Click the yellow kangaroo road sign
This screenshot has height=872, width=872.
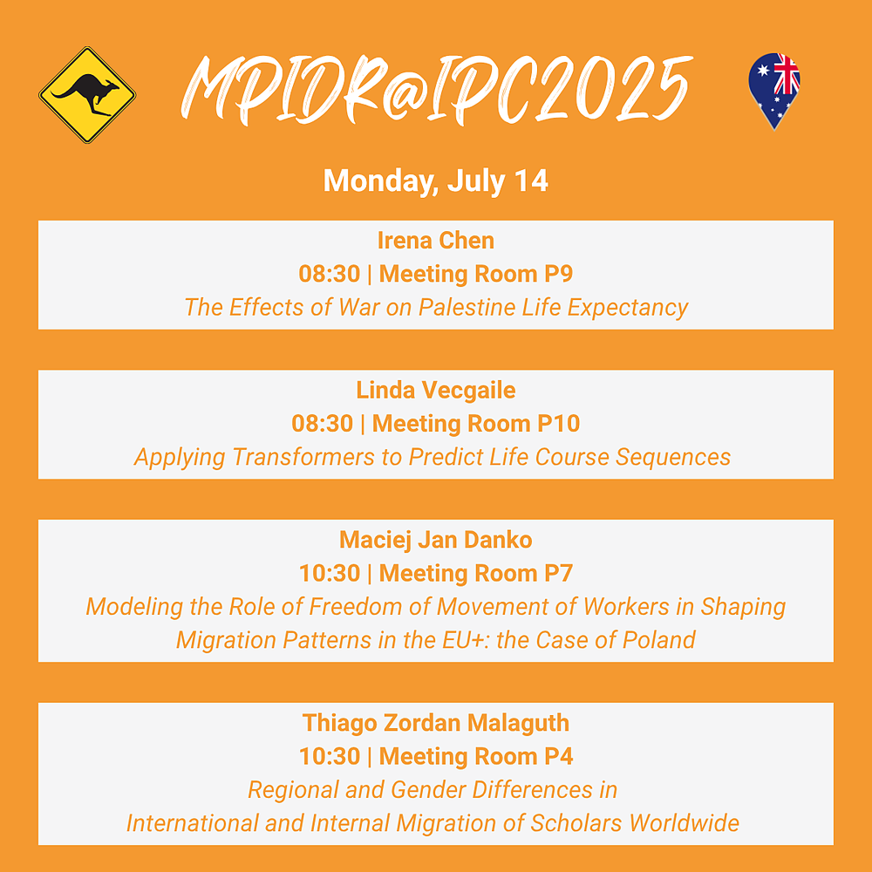[x=87, y=94]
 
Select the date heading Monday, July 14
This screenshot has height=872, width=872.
[x=436, y=181]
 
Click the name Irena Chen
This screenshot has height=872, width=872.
[x=436, y=241]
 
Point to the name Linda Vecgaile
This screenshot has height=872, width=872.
[x=436, y=391]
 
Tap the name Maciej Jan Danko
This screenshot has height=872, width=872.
[x=436, y=540]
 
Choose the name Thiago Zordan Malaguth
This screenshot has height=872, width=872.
[x=436, y=723]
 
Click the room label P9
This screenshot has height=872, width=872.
[x=558, y=274]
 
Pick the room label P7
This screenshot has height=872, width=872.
[x=558, y=574]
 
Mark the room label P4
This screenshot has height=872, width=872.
[x=558, y=756]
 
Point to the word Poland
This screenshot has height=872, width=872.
[x=659, y=640]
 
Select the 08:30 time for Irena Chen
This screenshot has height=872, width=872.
[x=330, y=274]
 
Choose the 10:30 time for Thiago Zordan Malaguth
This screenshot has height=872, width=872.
[x=330, y=756]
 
